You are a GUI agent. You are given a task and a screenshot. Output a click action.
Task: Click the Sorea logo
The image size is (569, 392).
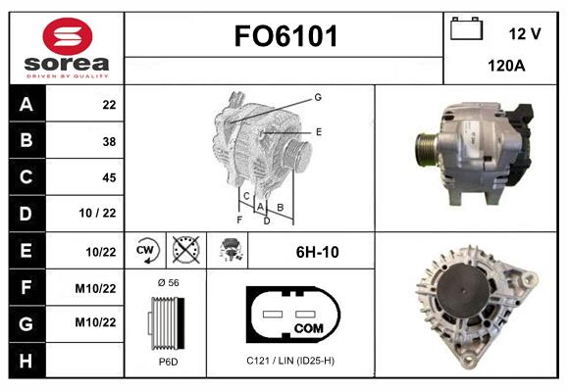coord(67,48)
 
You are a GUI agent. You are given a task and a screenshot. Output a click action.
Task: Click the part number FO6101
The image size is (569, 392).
coord(284,37)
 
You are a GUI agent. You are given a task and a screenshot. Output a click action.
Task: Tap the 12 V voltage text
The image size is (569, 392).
coord(525,33)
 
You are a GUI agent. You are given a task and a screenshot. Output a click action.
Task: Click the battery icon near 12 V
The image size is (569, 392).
coord(467,30)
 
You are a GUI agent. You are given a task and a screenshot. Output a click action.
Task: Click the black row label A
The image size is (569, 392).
coord(25,105)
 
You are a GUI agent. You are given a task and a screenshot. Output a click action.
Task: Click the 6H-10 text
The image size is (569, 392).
coord(317,252)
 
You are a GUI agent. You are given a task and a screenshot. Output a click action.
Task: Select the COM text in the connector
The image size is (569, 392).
coord(309,326)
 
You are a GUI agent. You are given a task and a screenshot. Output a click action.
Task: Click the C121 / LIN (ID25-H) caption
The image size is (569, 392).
coord(290,362)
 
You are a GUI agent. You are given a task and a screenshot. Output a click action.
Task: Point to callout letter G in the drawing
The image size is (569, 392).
coord(318,97)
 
